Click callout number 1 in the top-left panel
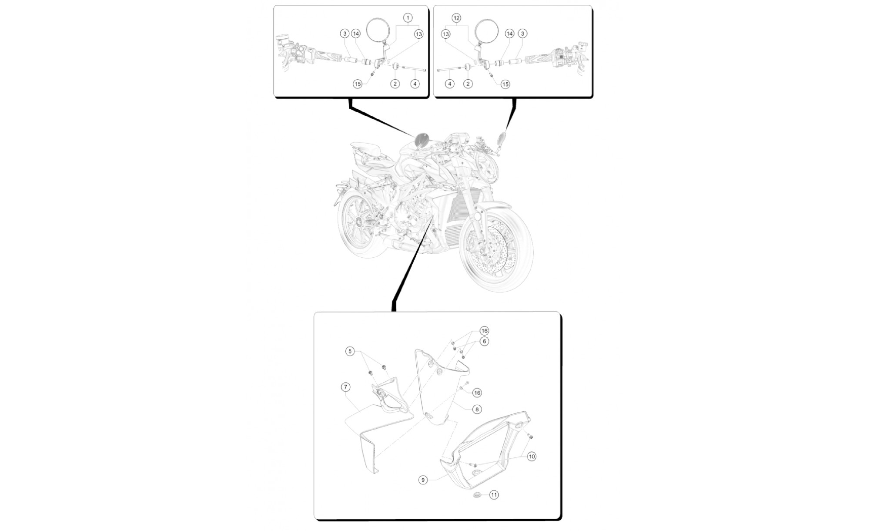408,18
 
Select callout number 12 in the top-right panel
456,18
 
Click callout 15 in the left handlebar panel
358,84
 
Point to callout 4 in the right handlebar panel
450,84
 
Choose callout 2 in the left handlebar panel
395,84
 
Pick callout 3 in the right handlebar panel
522,34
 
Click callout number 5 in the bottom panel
350,351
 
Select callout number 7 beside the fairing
345,387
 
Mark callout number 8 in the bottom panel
477,410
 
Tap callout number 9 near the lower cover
423,480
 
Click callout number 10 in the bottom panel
532,457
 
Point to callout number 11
494,495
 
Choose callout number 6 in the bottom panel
485,342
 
